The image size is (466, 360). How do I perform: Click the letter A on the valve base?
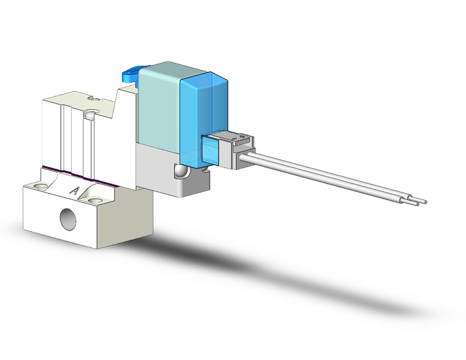(x=75, y=191)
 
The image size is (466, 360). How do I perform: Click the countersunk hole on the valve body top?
(x=91, y=113)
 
